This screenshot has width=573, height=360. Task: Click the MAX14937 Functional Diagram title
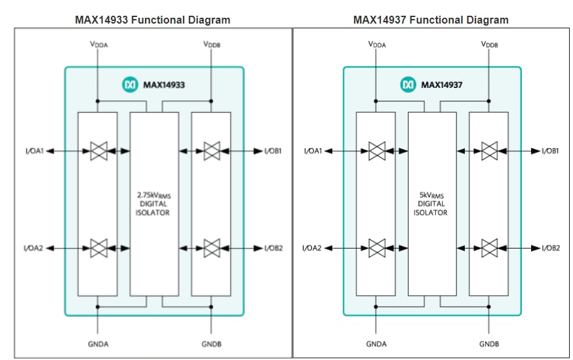point(431,20)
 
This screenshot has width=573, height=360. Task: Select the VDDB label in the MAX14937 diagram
point(489,45)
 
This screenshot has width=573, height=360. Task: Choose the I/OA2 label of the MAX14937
point(311,248)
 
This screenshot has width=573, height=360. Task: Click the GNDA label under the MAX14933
point(98,344)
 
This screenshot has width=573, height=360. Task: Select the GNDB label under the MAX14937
point(489,344)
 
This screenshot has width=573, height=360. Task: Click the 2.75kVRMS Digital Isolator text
point(153,203)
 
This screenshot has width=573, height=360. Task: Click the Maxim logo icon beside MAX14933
point(130,85)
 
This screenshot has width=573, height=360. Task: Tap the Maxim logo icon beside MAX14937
point(408,85)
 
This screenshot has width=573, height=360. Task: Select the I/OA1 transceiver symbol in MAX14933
point(98,151)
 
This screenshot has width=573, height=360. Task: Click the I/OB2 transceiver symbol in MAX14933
point(211,248)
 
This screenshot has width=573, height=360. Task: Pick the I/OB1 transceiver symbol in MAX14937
point(489,151)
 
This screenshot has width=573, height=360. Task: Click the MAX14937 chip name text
point(443,85)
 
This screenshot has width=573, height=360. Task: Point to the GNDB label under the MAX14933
point(211,344)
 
